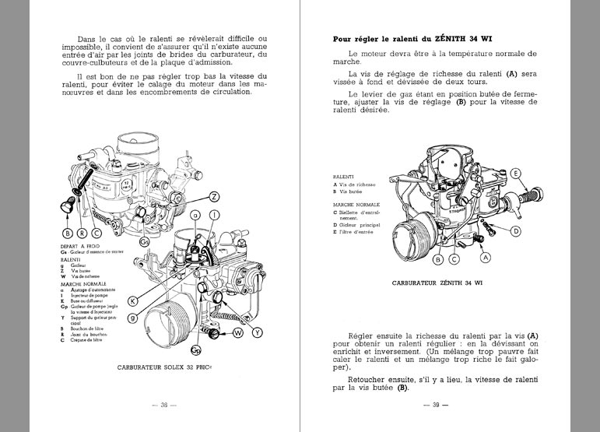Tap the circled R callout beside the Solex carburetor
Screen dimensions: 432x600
(x=81, y=232)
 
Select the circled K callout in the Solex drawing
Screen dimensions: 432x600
(x=133, y=300)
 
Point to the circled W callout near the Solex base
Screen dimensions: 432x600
(x=237, y=333)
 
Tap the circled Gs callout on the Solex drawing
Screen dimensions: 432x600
(x=146, y=241)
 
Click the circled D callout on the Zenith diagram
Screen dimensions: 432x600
(x=515, y=231)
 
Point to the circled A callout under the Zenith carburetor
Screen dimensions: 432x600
(x=486, y=257)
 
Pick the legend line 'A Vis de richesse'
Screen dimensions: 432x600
(x=354, y=184)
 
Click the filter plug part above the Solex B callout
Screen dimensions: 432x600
(x=67, y=205)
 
